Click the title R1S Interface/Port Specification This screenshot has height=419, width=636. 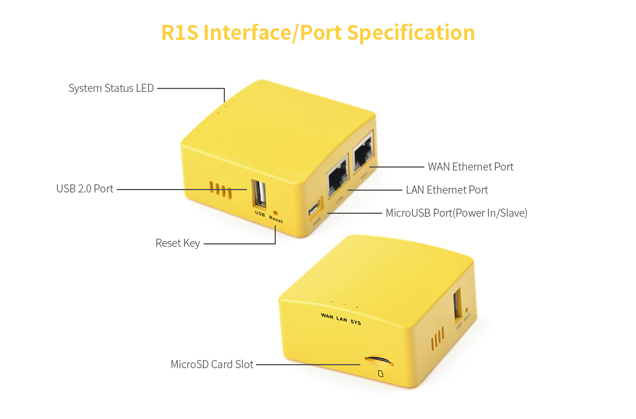(318, 32)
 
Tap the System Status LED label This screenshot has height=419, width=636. (111, 88)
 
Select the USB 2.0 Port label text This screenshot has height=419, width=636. (84, 189)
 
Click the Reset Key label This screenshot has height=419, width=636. (178, 243)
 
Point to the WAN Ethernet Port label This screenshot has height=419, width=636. (470, 167)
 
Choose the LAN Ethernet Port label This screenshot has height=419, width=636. (446, 190)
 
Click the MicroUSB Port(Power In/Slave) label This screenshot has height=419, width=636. (456, 213)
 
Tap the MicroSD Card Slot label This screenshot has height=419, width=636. (212, 365)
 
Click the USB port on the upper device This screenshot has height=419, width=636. (258, 193)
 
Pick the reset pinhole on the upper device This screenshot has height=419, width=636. (275, 213)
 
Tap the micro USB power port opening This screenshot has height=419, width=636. (314, 207)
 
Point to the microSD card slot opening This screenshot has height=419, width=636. (379, 361)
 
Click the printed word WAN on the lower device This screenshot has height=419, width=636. (327, 316)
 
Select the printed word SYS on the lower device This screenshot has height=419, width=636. (356, 322)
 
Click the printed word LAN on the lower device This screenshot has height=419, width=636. (342, 319)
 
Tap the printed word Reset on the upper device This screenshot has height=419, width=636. (276, 221)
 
